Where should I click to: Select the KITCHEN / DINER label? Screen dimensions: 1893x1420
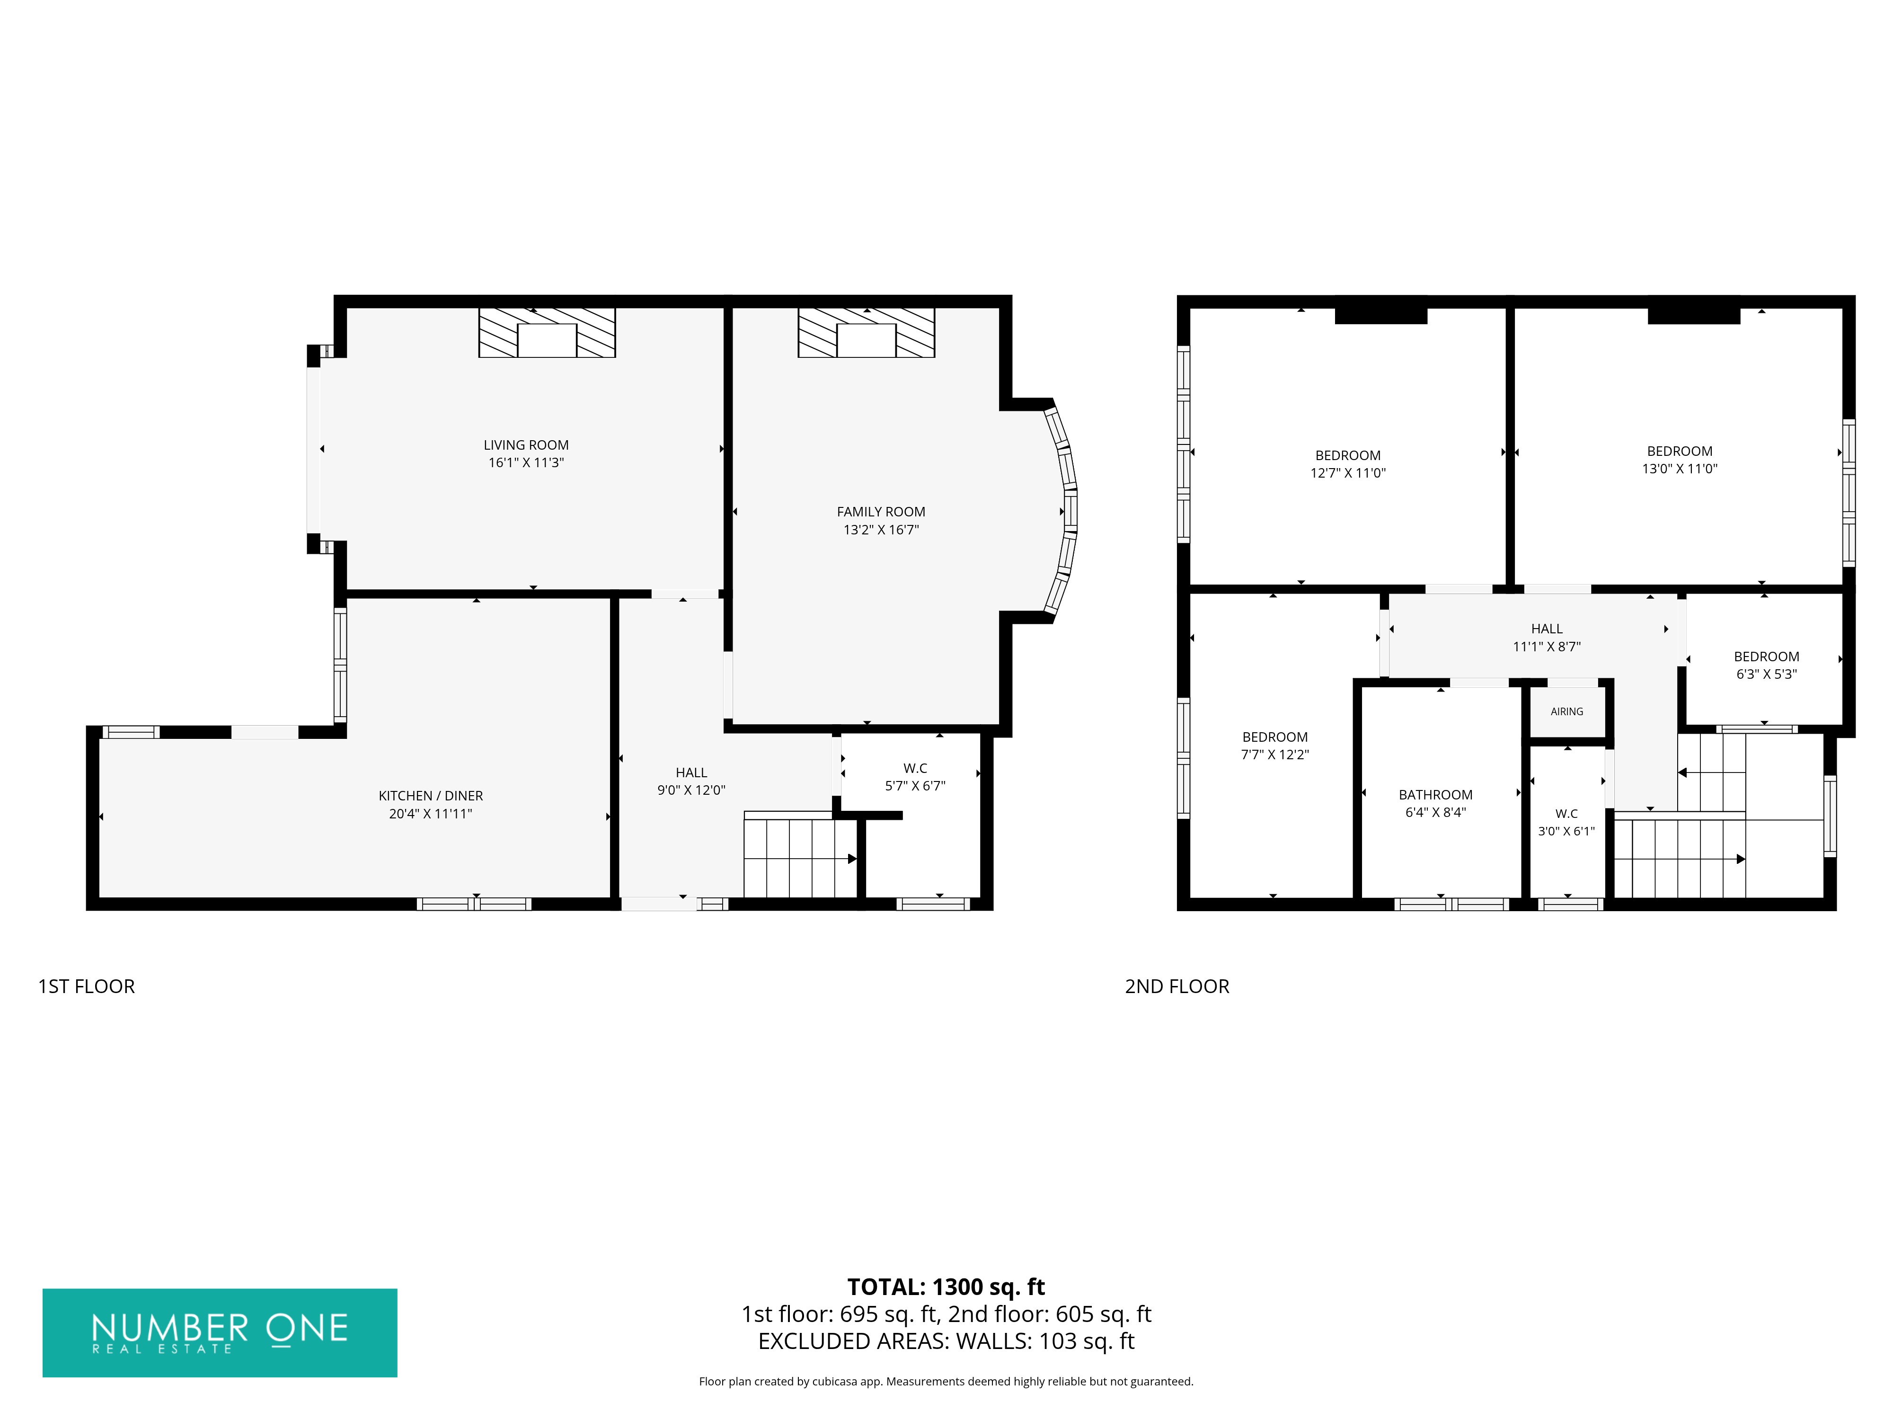pyautogui.click(x=431, y=796)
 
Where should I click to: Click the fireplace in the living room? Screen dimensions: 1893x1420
pyautogui.click(x=547, y=333)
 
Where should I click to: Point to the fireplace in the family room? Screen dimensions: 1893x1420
pyautogui.click(x=866, y=333)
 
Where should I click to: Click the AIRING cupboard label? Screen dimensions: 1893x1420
pyautogui.click(x=1567, y=711)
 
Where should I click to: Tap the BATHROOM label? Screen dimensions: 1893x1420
pyautogui.click(x=1435, y=795)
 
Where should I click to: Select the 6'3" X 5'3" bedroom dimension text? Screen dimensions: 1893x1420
pyautogui.click(x=1766, y=674)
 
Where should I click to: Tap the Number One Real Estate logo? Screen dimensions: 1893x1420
pyautogui.click(x=220, y=1333)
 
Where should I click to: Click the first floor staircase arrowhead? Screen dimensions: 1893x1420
pyautogui.click(x=852, y=859)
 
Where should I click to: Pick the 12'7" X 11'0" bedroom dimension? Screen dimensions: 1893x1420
pyautogui.click(x=1348, y=473)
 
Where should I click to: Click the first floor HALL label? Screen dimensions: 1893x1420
pyautogui.click(x=691, y=773)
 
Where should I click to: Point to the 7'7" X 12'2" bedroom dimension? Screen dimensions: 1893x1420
pyautogui.click(x=1274, y=755)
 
